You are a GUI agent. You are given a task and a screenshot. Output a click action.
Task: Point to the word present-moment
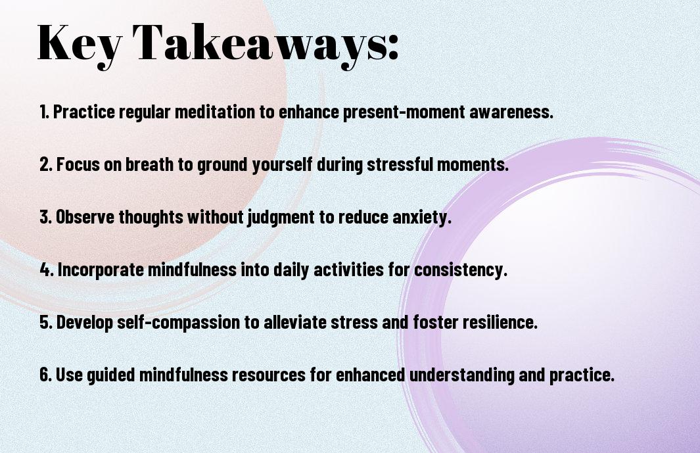[404, 112]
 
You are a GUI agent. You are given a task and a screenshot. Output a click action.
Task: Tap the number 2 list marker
[46, 164]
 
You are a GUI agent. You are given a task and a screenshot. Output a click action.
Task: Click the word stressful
[400, 164]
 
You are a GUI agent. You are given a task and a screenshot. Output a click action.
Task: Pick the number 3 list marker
[46, 217]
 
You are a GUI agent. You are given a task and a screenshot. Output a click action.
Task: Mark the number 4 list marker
[47, 270]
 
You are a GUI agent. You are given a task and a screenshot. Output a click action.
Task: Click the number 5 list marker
[46, 322]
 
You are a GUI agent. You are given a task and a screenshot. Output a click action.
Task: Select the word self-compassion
[178, 323]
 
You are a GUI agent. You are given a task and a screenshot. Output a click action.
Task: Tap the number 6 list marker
[46, 375]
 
